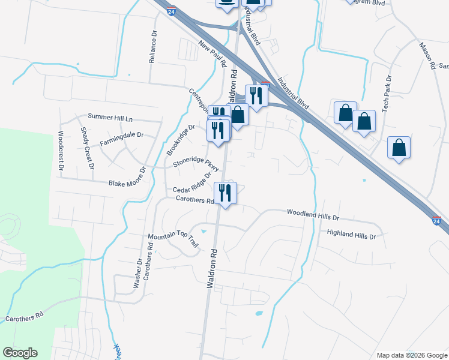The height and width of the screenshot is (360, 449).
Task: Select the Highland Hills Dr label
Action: pyautogui.click(x=351, y=235)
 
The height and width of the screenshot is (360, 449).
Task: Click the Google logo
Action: pyautogui.click(x=20, y=353)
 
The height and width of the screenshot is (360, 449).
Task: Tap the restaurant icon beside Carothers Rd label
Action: pyautogui.click(x=225, y=193)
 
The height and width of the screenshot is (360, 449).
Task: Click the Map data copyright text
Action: pyautogui.click(x=411, y=355)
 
